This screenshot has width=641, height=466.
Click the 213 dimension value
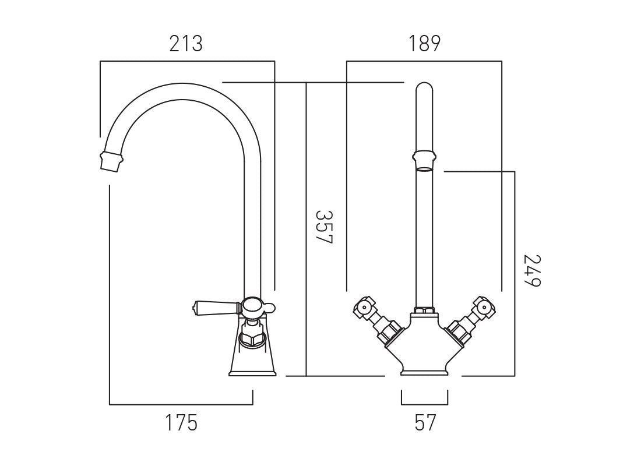(x=186, y=44)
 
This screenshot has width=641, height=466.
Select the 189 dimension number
(x=424, y=44)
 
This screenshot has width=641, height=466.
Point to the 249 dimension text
(x=531, y=270)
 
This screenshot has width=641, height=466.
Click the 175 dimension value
(x=181, y=423)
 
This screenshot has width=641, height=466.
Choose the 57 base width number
(x=425, y=423)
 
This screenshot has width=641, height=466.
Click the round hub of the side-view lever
(x=252, y=305)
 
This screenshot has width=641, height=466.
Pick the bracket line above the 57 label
(x=424, y=404)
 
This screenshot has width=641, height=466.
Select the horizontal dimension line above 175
(x=181, y=404)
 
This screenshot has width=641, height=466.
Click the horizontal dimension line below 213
(x=186, y=61)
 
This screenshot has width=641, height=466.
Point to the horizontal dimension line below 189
(x=424, y=61)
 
